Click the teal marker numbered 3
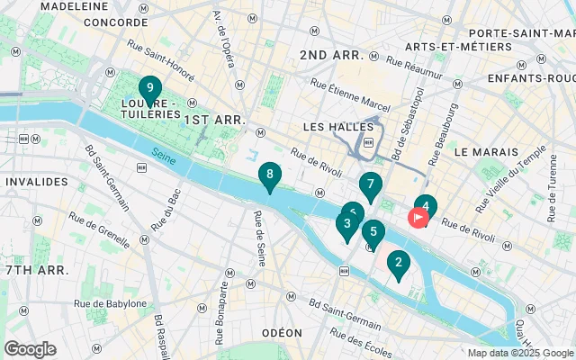(346, 224)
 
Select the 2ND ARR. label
(331, 55)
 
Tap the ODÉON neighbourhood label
(282, 333)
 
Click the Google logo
(30, 349)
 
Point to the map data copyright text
(520, 353)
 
